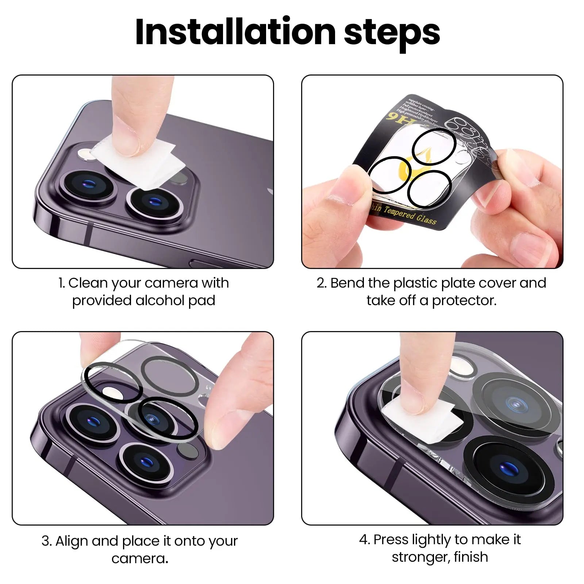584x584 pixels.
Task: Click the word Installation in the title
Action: click(235, 32)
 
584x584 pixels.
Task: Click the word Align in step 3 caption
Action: click(72, 541)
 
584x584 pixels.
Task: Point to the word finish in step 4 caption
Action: click(471, 557)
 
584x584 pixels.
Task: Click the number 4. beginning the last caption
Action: click(365, 539)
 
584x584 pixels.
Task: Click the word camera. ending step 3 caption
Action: click(140, 558)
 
